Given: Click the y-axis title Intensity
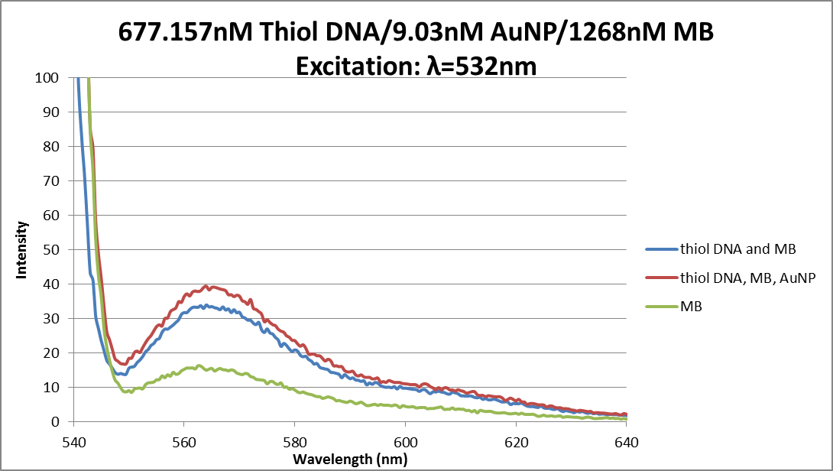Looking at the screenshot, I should [x=23, y=249].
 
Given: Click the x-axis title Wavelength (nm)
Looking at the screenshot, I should [x=350, y=460].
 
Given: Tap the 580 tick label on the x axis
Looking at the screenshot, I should [x=294, y=441].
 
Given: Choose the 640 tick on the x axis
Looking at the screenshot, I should [x=627, y=441].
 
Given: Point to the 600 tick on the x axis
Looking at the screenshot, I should [x=405, y=441].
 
